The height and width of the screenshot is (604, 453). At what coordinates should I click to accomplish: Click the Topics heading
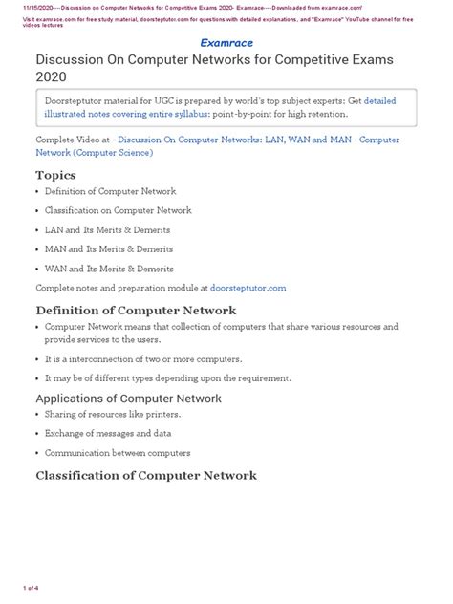[56, 175]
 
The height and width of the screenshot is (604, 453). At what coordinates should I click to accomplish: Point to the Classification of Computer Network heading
[145, 475]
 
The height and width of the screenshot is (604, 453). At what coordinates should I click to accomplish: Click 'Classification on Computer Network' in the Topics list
[118, 210]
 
